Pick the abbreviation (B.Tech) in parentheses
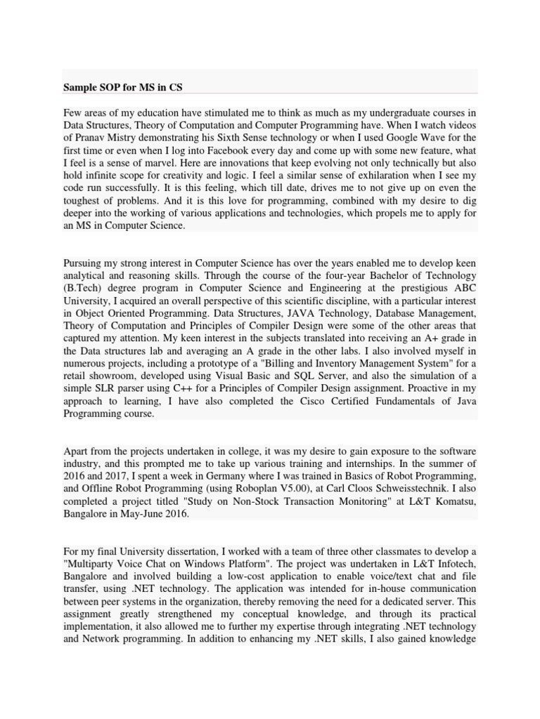pyautogui.click(x=83, y=288)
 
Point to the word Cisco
pyautogui.click(x=314, y=402)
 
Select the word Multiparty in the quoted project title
pyautogui.click(x=91, y=565)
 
